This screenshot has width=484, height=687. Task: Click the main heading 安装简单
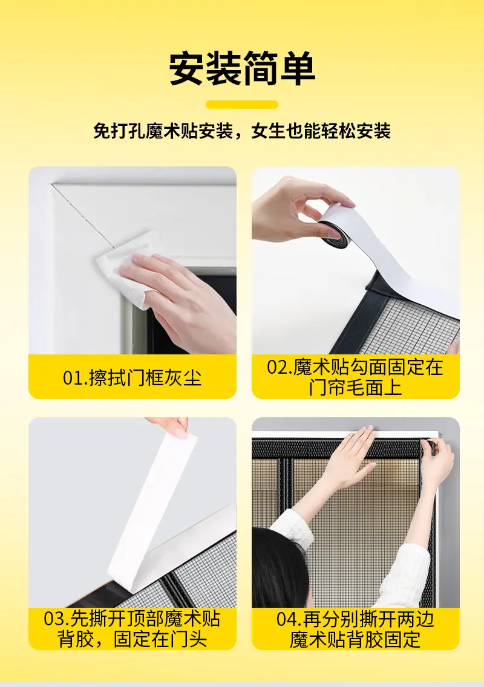coord(242,68)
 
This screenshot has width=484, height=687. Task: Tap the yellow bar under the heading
coord(242,105)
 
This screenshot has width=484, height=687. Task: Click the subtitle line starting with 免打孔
coord(242,131)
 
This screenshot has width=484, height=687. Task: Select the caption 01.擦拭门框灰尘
coord(132,377)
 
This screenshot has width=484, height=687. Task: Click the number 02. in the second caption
coord(280,367)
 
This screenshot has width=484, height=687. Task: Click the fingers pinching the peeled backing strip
coord(172,425)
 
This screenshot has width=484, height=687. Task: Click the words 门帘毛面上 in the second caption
coord(355,388)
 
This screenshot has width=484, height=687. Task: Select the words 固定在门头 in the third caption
coord(160,639)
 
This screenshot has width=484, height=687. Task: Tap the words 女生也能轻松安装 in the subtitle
coord(321,131)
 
